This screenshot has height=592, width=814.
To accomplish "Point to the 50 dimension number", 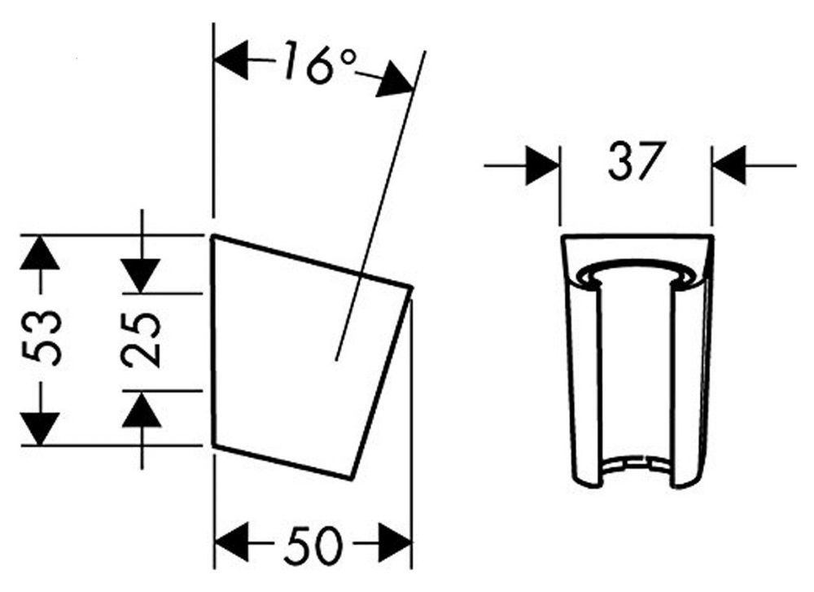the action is coord(313,545).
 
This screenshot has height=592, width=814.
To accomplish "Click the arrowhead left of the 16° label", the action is coord(231,61).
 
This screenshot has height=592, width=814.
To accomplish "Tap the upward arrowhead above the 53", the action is coord(39,252).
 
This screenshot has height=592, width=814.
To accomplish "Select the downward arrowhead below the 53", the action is coord(39,428).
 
